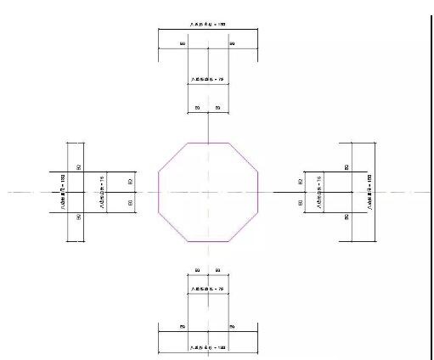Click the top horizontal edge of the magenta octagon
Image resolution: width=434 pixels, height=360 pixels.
click(x=208, y=143)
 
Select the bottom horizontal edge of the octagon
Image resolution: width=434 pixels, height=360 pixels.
click(x=208, y=242)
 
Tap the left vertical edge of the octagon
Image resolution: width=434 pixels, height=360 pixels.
click(x=159, y=193)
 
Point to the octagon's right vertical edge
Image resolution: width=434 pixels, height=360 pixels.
click(x=258, y=193)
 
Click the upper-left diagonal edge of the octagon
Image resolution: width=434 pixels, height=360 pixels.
click(x=172, y=157)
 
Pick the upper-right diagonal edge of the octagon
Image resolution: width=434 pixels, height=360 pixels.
click(x=245, y=157)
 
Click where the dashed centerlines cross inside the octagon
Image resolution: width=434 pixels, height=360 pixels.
click(x=208, y=193)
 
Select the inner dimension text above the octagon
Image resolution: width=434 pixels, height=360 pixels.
click(x=208, y=79)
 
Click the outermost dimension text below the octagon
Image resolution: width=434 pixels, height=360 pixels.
click(x=208, y=348)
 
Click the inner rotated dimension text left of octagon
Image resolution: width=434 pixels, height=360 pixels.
click(x=101, y=193)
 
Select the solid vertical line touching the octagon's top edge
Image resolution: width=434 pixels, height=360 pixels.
click(x=208, y=127)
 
